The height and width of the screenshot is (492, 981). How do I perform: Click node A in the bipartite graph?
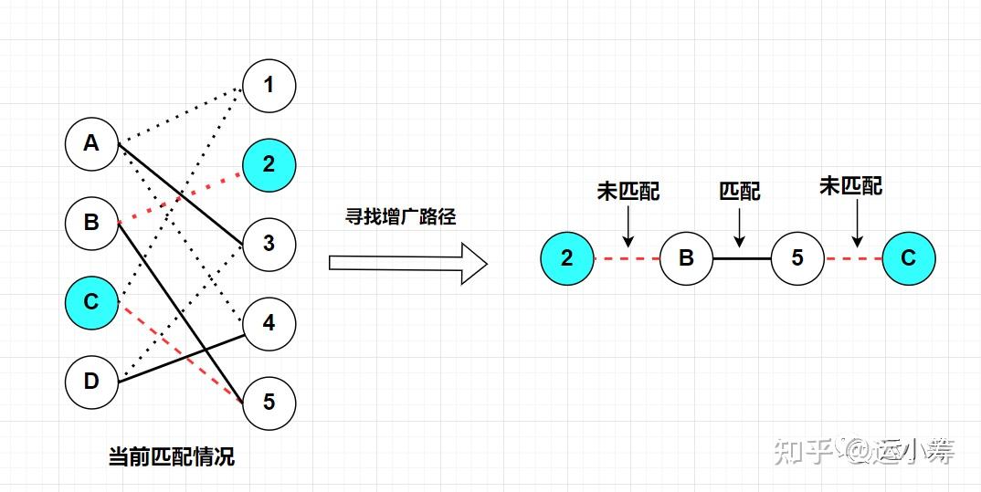click(x=91, y=143)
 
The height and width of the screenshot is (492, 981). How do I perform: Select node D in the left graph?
click(x=91, y=380)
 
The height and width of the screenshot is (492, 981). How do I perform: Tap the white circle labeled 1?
click(x=269, y=86)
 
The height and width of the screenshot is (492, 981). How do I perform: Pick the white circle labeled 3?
click(x=269, y=244)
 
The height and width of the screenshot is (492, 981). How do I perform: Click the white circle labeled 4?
click(x=269, y=322)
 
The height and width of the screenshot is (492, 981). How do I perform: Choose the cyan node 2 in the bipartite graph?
click(x=269, y=165)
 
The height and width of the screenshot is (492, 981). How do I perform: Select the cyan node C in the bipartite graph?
click(x=91, y=301)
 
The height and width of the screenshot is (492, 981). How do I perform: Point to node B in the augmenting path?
click(x=686, y=258)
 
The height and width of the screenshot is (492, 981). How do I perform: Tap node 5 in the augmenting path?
click(x=797, y=258)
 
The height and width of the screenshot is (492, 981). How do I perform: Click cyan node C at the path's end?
click(x=908, y=258)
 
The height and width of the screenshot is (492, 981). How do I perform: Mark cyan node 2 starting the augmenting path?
click(x=567, y=258)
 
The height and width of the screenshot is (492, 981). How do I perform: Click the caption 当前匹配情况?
click(x=171, y=456)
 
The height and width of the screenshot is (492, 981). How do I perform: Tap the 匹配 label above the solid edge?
click(x=739, y=192)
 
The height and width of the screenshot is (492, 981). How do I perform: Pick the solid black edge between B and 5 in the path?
click(x=742, y=258)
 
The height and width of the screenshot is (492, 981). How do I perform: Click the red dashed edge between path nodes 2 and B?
click(x=627, y=258)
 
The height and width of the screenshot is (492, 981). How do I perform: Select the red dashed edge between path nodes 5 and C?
click(x=853, y=258)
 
